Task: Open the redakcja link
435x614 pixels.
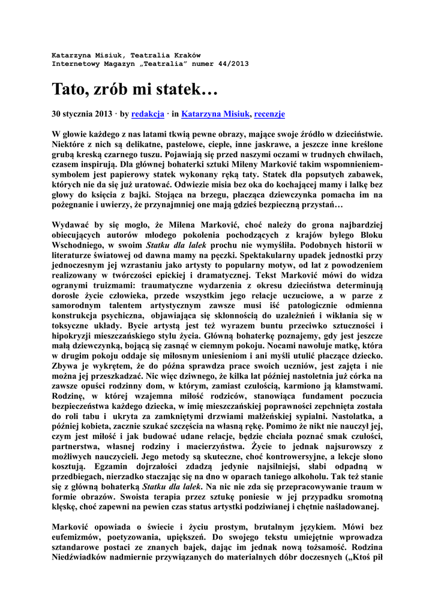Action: [148, 113]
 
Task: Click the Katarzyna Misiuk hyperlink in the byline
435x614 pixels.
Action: [215, 113]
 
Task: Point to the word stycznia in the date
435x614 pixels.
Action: [79, 113]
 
